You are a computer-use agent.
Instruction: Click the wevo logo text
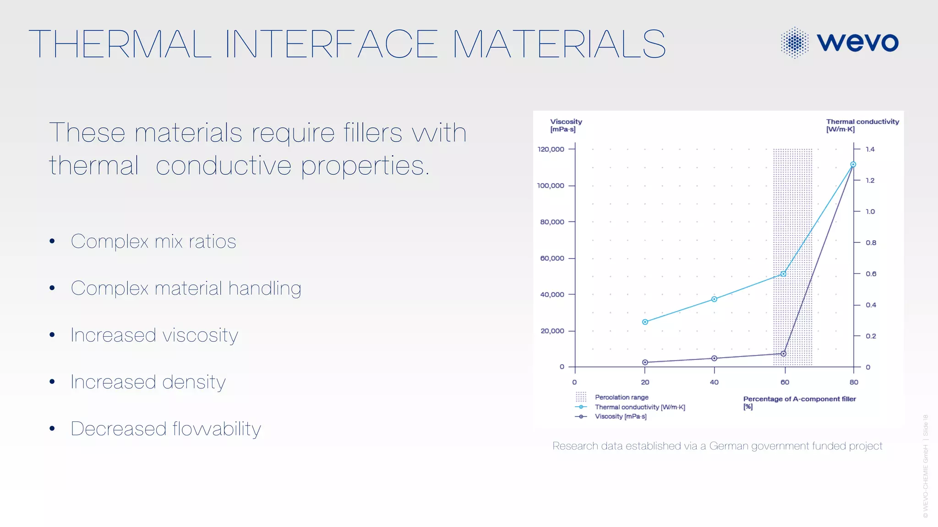pyautogui.click(x=857, y=42)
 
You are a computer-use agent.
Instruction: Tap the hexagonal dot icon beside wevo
pyautogui.click(x=795, y=43)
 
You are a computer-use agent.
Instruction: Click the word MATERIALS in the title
pyautogui.click(x=559, y=44)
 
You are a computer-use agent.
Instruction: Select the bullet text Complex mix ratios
pyautogui.click(x=153, y=242)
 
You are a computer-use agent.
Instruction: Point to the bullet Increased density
pyautogui.click(x=148, y=382)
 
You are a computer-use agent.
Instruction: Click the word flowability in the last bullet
pyautogui.click(x=217, y=429)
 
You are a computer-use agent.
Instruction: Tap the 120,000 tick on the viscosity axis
pyautogui.click(x=551, y=149)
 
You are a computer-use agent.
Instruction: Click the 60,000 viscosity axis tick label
pyautogui.click(x=552, y=258)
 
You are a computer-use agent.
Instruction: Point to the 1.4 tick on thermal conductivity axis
pyautogui.click(x=870, y=149)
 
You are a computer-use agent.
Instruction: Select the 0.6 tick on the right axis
pyautogui.click(x=870, y=274)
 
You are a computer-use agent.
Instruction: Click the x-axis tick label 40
pyautogui.click(x=714, y=382)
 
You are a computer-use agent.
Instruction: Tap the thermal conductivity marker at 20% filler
pyautogui.click(x=645, y=322)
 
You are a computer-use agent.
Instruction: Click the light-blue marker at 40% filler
pyautogui.click(x=714, y=299)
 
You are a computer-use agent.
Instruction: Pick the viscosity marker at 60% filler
pyautogui.click(x=783, y=354)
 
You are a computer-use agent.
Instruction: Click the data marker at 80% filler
pyautogui.click(x=853, y=164)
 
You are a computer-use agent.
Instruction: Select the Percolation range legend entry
pyautogui.click(x=621, y=397)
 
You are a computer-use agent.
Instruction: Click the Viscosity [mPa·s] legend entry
pyautogui.click(x=620, y=416)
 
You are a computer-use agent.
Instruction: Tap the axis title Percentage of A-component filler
pyautogui.click(x=799, y=399)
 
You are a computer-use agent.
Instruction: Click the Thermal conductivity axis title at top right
pyautogui.click(x=862, y=125)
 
